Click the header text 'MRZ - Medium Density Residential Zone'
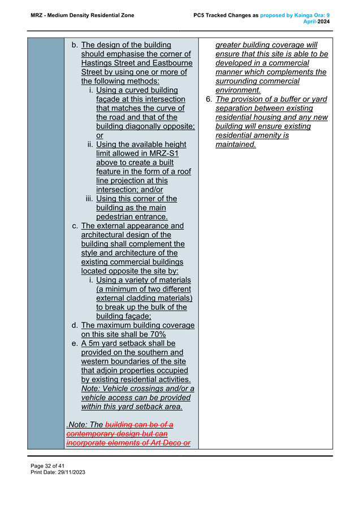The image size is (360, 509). [83, 15]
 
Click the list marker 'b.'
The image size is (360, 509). [75, 45]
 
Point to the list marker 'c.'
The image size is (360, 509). [75, 226]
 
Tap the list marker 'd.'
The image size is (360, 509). [75, 325]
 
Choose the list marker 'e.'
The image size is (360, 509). [75, 343]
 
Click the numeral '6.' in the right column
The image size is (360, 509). [208, 99]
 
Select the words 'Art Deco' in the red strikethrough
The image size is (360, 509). [162, 443]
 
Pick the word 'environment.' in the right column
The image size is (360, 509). [238, 90]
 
